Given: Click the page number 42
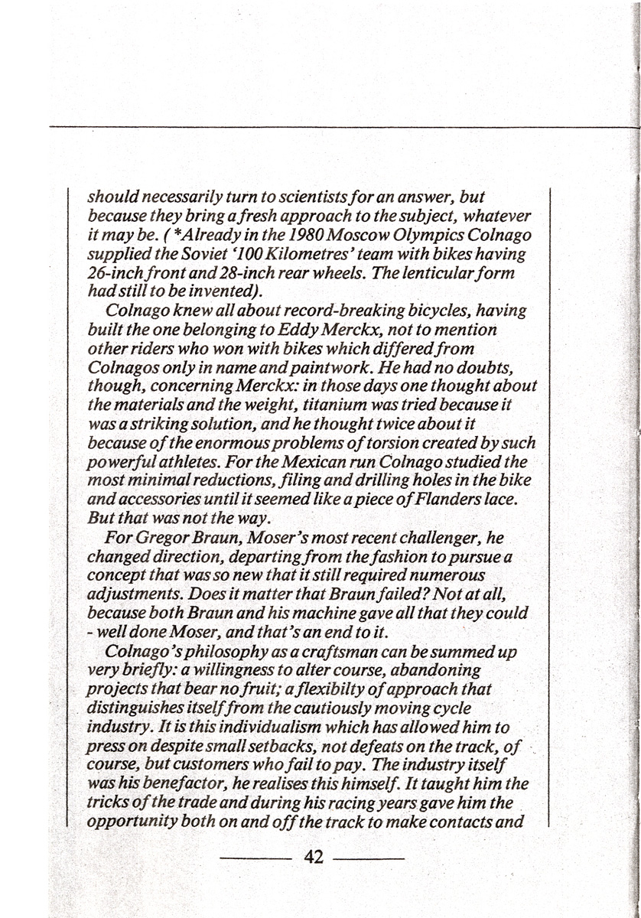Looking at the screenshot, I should pyautogui.click(x=314, y=857).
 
